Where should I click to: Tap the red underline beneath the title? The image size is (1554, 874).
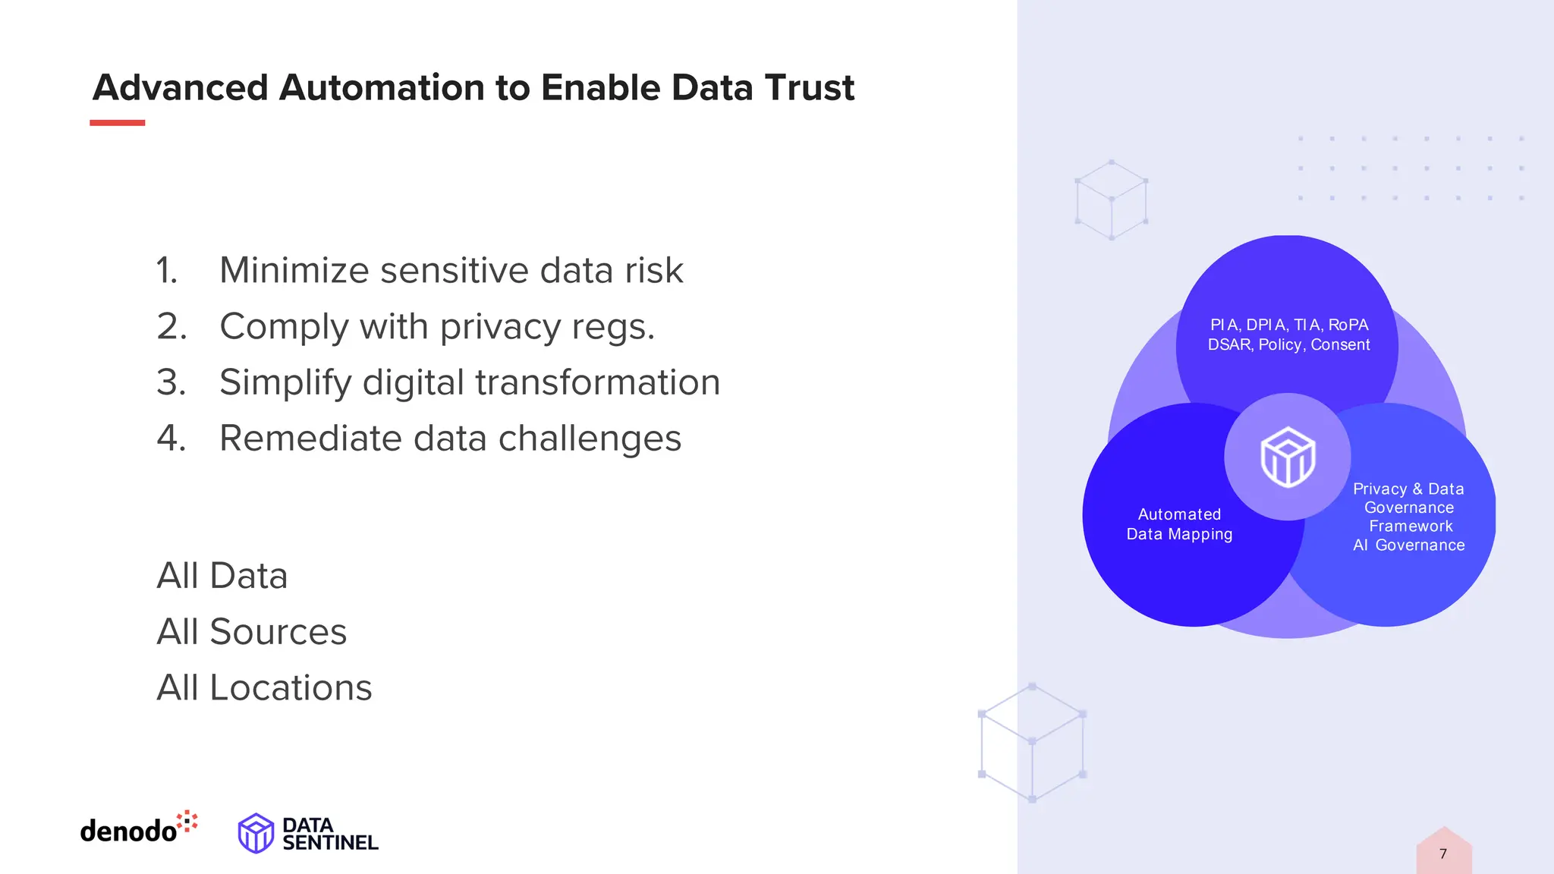coord(117,123)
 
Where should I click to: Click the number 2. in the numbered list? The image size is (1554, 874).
coord(171,327)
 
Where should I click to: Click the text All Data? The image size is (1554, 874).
coord(222,576)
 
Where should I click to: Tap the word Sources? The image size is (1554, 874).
coord(278,632)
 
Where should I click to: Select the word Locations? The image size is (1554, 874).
coord(291,688)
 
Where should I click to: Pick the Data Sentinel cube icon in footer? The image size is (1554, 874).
coord(256,833)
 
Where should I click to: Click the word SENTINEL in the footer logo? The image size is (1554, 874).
coord(330,843)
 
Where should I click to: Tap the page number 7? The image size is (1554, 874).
coord(1443,854)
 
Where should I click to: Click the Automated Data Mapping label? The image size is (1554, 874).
coord(1179,524)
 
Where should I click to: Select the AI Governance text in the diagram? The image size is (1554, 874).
coord(1409,545)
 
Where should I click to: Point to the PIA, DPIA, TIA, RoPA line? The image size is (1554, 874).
coord(1289,325)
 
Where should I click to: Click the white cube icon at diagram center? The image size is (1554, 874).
coord(1288,457)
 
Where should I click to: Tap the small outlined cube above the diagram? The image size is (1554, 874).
coord(1112,200)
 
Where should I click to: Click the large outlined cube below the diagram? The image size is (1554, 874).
coord(1032,742)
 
